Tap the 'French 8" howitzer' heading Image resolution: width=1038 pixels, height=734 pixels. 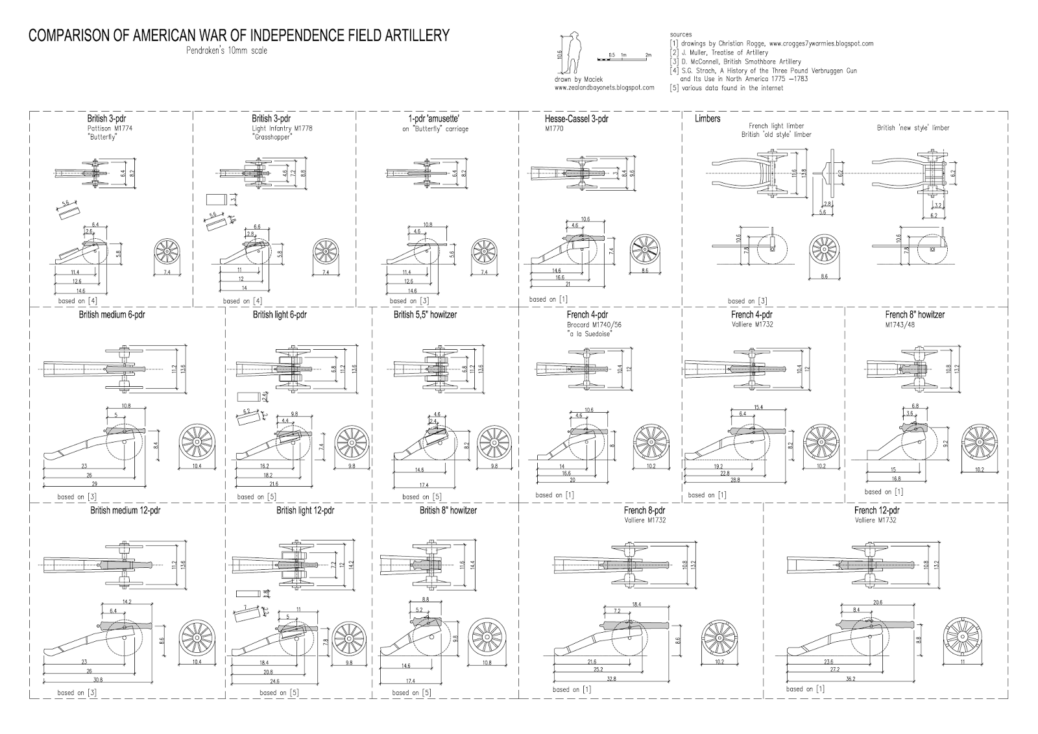915,315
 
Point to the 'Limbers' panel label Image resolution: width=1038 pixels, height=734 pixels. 707,119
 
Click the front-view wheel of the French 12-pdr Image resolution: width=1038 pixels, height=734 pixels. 963,633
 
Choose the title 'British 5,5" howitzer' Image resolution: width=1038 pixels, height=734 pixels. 425,315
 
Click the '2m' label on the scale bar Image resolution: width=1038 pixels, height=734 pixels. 647,56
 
